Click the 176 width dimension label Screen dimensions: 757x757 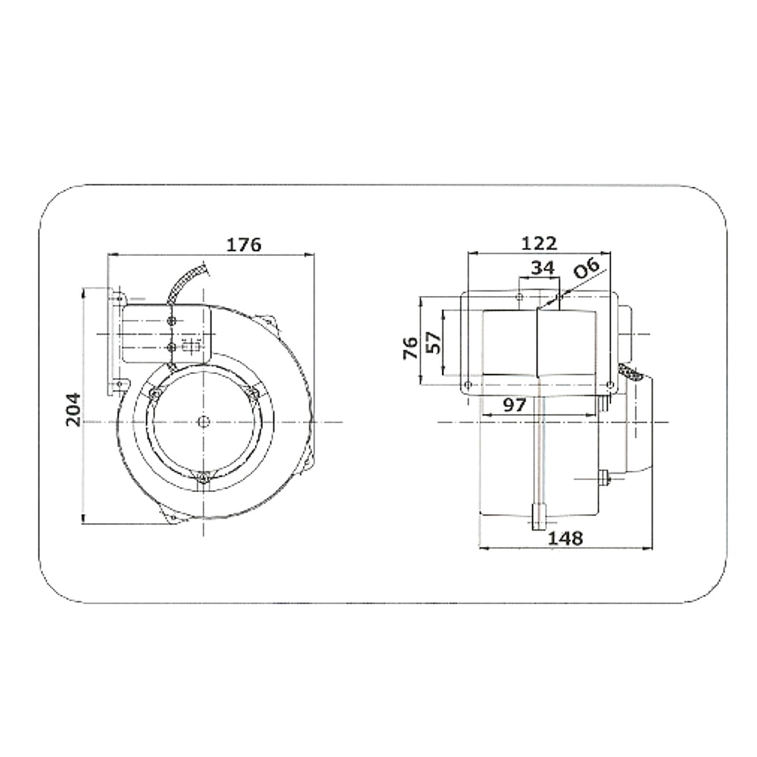[x=244, y=245]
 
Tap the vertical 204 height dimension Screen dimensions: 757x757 [x=73, y=410]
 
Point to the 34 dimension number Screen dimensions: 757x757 [x=542, y=267]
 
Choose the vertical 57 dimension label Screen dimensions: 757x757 [x=432, y=344]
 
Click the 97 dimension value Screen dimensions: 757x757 [x=514, y=405]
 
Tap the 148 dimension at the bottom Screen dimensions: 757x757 [x=565, y=537]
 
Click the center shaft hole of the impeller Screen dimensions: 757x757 [x=203, y=421]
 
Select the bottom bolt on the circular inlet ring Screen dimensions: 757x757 [x=202, y=478]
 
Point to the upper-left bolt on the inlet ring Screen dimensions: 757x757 [x=154, y=394]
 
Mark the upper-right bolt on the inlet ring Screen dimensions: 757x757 [x=252, y=393]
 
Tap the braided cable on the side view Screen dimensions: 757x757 [x=631, y=372]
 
